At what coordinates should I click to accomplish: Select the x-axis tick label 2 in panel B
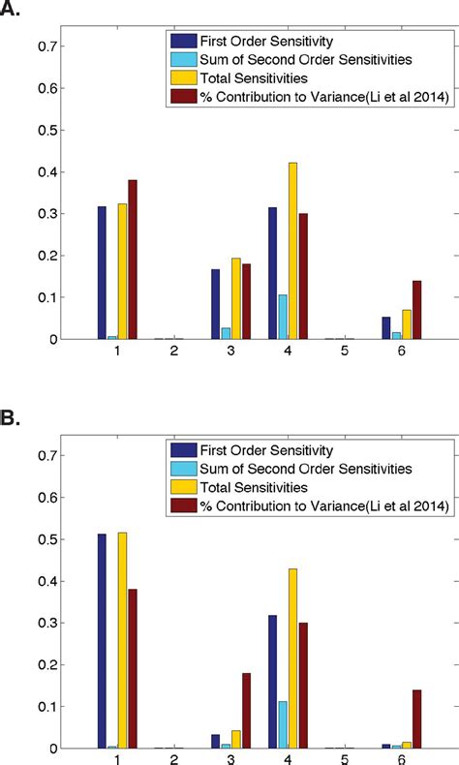pos(173,763)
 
